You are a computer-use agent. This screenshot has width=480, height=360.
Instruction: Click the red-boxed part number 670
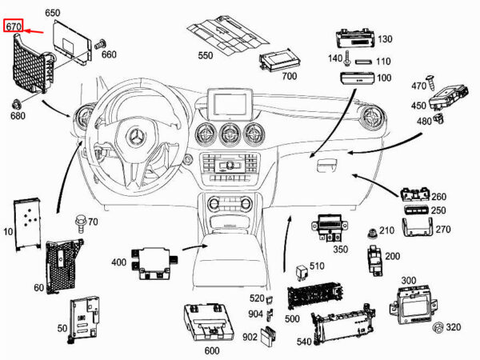tap(14, 26)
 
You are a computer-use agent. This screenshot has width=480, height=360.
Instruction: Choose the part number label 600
tap(212, 350)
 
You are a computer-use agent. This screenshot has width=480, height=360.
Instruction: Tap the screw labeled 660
tap(100, 46)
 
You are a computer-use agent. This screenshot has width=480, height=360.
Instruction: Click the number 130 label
tap(386, 39)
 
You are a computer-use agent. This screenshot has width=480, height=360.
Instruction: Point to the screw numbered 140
tap(350, 58)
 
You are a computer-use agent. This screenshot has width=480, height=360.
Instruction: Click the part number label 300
tap(409, 281)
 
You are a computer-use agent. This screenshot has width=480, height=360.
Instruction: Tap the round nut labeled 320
tap(438, 329)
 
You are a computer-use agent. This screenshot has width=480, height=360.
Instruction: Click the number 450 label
tap(419, 106)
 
